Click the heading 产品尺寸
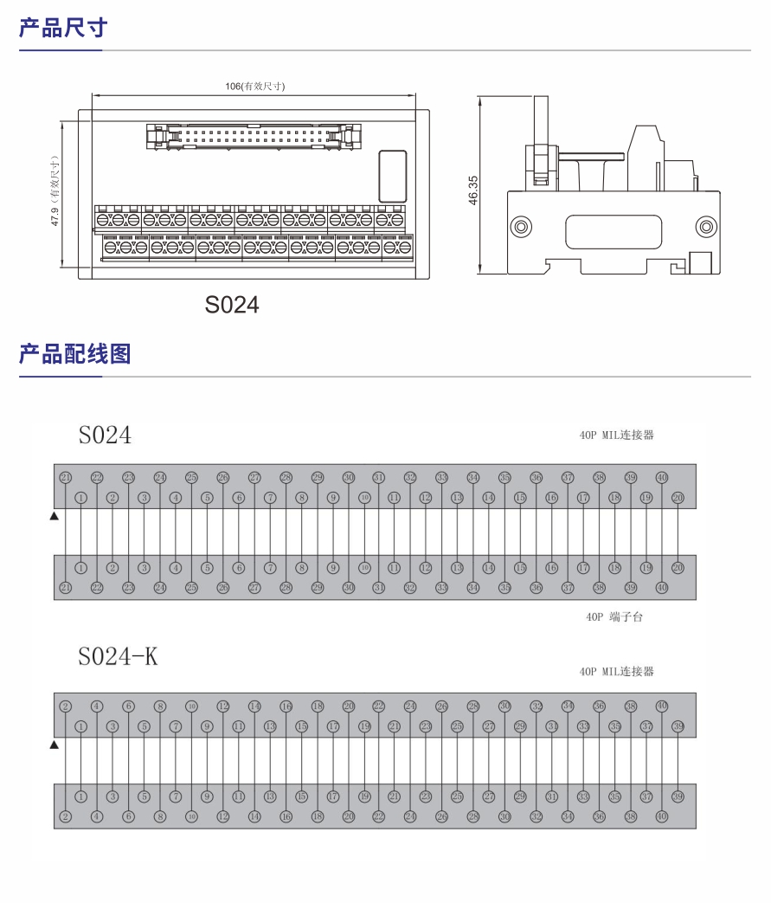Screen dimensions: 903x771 (x=63, y=28)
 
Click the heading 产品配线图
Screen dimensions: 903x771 (x=74, y=354)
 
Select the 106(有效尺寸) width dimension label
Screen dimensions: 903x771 (x=255, y=86)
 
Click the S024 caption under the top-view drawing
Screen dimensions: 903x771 (x=232, y=305)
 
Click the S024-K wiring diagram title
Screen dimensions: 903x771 (x=118, y=657)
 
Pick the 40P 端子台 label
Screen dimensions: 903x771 (x=614, y=617)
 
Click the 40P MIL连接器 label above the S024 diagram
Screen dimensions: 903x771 (x=616, y=435)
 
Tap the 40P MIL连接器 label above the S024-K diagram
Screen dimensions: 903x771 (x=616, y=672)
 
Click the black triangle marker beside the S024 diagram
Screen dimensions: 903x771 (x=54, y=517)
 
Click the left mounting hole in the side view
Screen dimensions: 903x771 (x=521, y=228)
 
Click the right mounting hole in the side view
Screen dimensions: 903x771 (x=706, y=228)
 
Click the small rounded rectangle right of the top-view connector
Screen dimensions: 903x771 (x=393, y=177)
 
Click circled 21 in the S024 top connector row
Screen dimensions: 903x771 (x=66, y=478)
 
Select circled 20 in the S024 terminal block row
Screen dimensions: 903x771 (x=678, y=568)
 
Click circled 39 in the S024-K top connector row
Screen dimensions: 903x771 (x=678, y=726)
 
